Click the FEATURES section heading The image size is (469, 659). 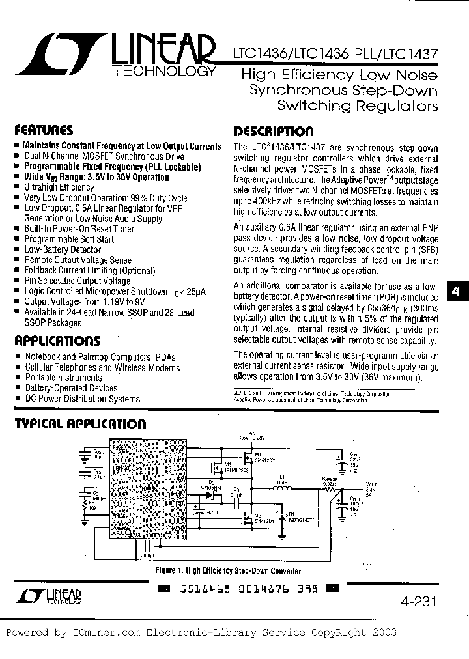(44, 130)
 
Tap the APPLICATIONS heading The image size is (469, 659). (57, 341)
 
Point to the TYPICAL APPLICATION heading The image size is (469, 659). (80, 424)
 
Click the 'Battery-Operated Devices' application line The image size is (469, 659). (71, 388)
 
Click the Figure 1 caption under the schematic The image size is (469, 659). (228, 571)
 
